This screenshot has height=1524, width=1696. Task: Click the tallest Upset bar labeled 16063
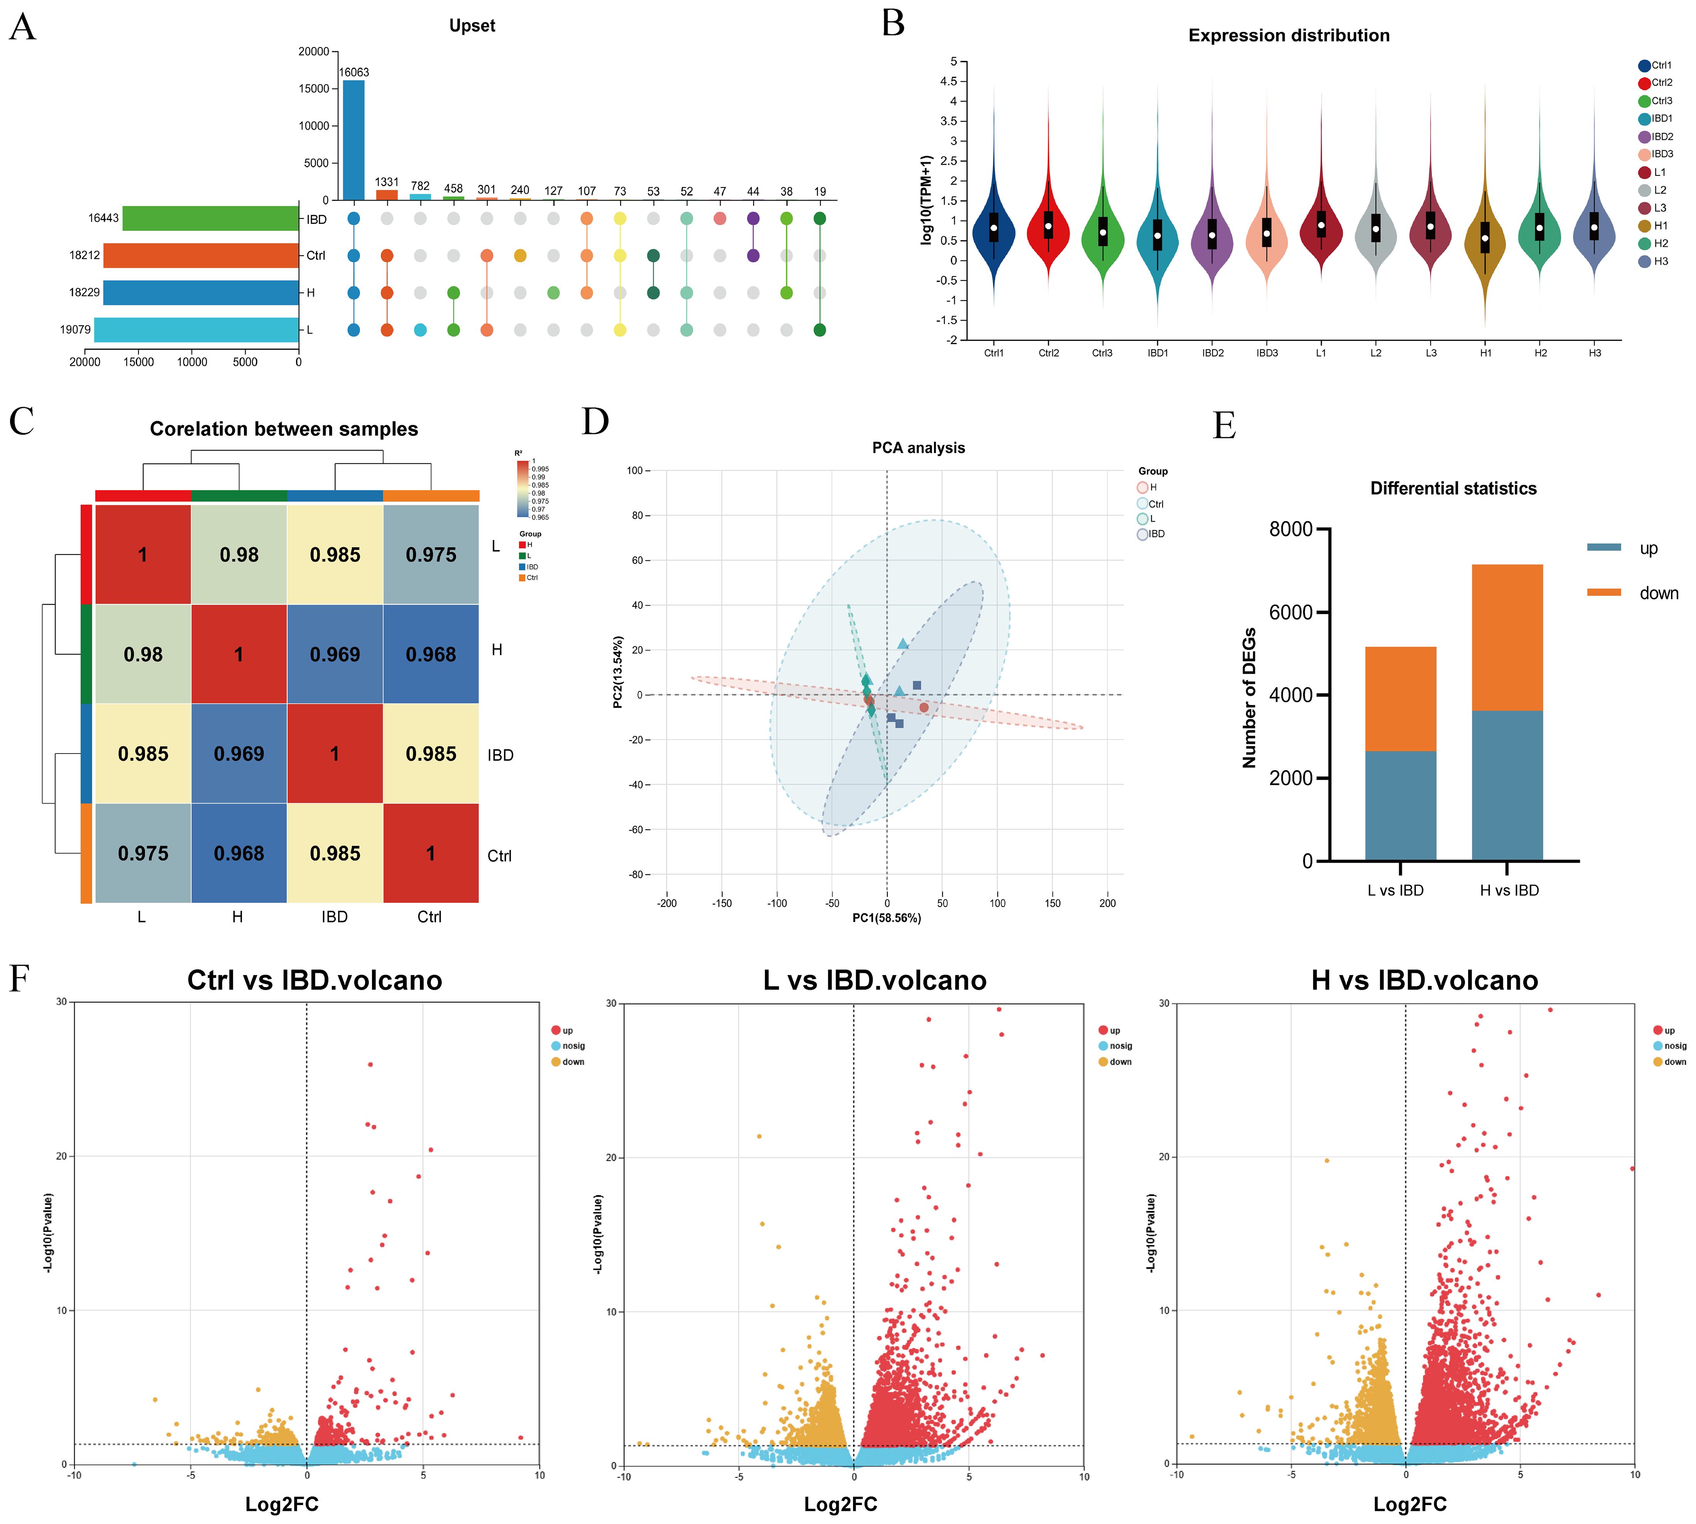[353, 140]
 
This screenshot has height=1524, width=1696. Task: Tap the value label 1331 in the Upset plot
[387, 182]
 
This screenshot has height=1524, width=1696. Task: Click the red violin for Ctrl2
[1048, 226]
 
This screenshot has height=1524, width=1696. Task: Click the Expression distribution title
[1288, 35]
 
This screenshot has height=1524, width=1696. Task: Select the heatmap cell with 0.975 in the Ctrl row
[143, 853]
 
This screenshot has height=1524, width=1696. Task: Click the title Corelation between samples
[284, 429]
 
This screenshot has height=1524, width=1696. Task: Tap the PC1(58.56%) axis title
[886, 918]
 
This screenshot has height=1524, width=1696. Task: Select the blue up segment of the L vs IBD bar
[1400, 806]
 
